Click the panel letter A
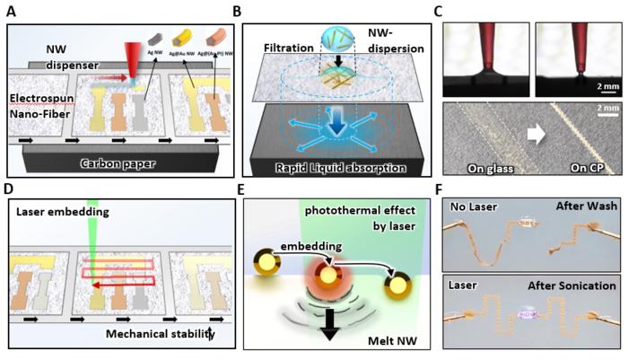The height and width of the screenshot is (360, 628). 11,12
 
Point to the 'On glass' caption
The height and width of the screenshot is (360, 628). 492,166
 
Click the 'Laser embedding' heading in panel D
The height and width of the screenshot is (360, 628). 60,211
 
